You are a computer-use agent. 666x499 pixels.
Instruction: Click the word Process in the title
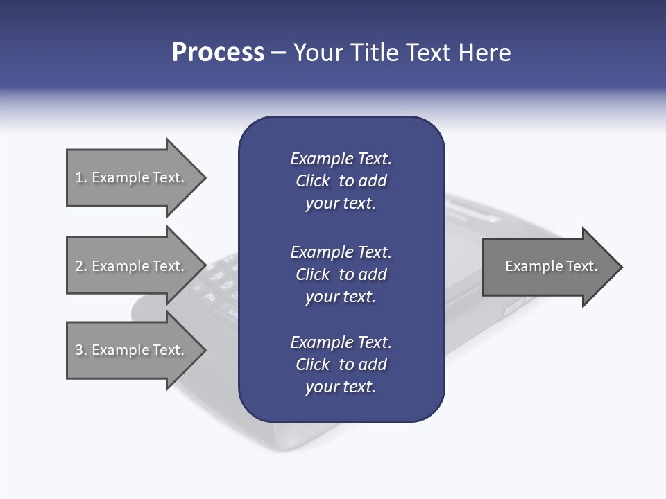pyautogui.click(x=218, y=53)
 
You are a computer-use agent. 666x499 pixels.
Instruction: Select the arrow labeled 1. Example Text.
pyautogui.click(x=132, y=177)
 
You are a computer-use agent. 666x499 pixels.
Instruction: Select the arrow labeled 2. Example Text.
pyautogui.click(x=132, y=266)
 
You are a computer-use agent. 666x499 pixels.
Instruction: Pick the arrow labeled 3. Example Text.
pyautogui.click(x=132, y=350)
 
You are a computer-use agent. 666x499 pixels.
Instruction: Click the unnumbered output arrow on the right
pyautogui.click(x=548, y=267)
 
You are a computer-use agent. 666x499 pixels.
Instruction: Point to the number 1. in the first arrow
pyautogui.click(x=80, y=177)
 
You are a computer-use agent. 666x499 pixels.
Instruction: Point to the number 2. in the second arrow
pyautogui.click(x=81, y=266)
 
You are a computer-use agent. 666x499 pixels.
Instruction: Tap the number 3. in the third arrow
pyautogui.click(x=81, y=350)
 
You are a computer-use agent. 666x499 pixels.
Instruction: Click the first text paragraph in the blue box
pyautogui.click(x=341, y=181)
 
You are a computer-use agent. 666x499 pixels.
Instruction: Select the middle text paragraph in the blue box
pyautogui.click(x=341, y=274)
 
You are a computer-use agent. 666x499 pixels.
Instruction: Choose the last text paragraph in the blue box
pyautogui.click(x=341, y=365)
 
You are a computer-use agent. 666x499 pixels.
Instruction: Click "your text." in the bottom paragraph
pyautogui.click(x=341, y=387)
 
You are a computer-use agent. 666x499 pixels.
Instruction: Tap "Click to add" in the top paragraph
pyautogui.click(x=341, y=181)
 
